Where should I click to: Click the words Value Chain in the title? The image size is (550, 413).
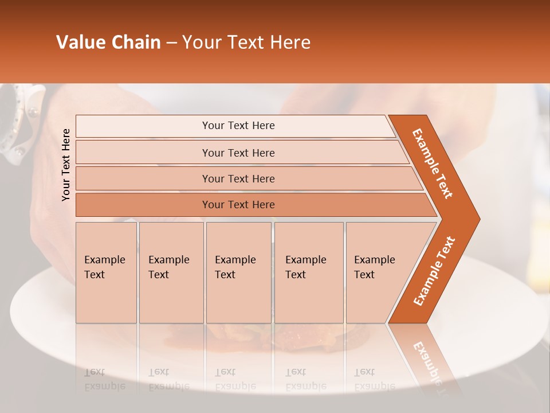coord(108,42)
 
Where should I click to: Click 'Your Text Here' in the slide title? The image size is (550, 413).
coord(246,42)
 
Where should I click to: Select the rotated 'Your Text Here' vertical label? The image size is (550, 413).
coord(66,165)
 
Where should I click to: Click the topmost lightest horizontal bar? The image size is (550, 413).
coord(238,126)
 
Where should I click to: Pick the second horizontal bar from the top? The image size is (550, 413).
coord(238,153)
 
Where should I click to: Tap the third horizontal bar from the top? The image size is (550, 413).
coord(238,178)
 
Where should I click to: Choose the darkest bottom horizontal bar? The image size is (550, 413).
coord(238,205)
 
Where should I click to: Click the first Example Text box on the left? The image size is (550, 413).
coord(106,272)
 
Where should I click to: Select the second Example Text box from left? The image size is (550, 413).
coord(171,272)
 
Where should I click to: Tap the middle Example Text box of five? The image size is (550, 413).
coord(238,272)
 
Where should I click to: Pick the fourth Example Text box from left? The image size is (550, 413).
coord(308,272)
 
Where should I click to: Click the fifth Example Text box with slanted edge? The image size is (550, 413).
coord(378,272)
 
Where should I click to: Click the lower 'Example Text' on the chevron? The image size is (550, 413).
coord(434,271)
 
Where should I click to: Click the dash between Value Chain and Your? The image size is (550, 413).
coord(171,43)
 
